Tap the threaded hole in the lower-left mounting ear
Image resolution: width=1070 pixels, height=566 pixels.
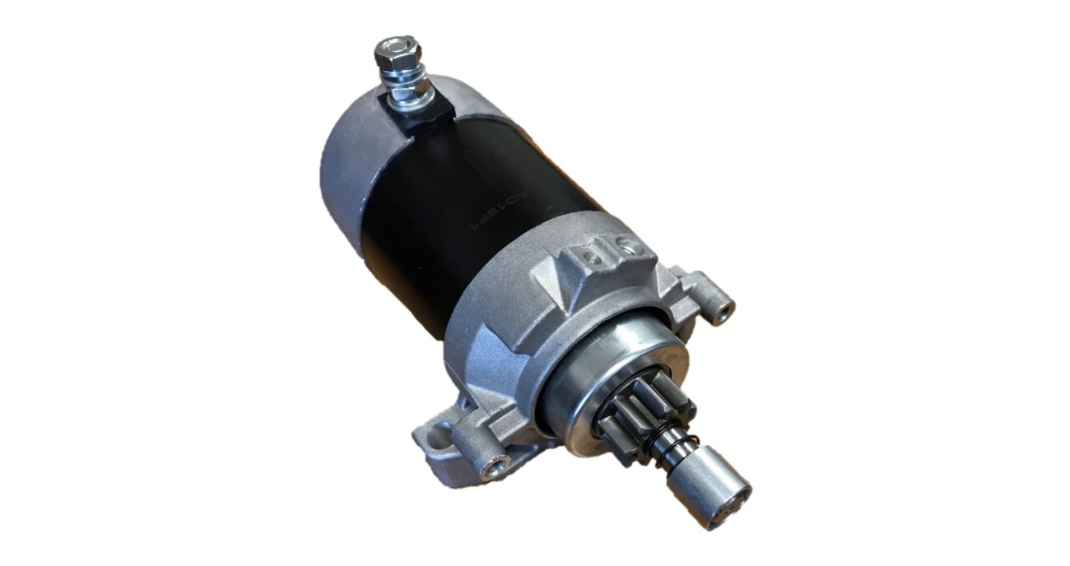coord(495,470)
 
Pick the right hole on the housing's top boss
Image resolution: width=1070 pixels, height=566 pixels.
coord(628,243)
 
